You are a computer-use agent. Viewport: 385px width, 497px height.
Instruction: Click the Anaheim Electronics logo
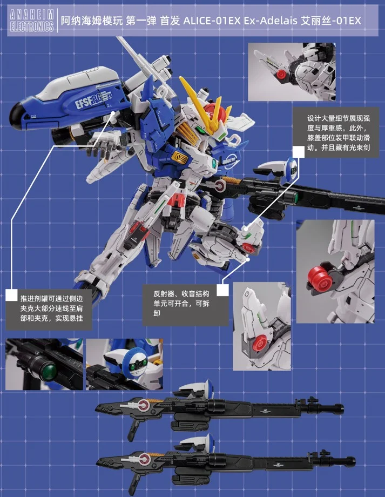32,21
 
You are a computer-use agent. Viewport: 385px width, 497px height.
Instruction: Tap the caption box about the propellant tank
49,308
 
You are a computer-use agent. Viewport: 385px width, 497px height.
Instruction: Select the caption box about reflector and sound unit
185,304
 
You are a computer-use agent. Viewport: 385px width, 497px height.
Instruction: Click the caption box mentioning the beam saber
335,132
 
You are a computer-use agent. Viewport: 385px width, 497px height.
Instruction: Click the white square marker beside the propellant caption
12,295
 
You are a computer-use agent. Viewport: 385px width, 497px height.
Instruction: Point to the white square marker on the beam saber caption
298,152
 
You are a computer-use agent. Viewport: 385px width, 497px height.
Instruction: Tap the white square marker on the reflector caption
223,290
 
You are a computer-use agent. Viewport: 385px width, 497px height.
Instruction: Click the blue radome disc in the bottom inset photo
133,362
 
